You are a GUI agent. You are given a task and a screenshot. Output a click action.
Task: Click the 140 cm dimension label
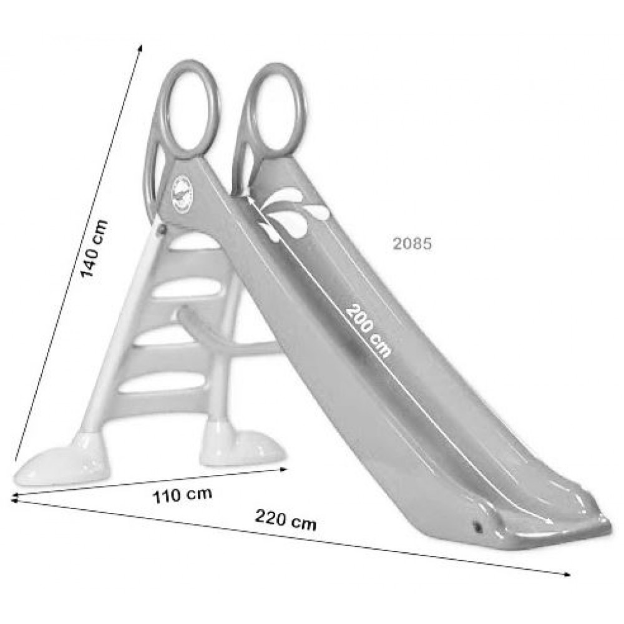(94, 249)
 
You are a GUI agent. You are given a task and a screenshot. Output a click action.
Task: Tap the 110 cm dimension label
(182, 495)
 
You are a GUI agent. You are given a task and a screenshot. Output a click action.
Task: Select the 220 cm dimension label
(285, 520)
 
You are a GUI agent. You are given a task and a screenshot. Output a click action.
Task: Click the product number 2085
(412, 244)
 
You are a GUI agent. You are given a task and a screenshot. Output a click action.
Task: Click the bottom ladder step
(162, 388)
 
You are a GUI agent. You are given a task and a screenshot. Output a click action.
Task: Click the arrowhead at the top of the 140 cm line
(140, 47)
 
